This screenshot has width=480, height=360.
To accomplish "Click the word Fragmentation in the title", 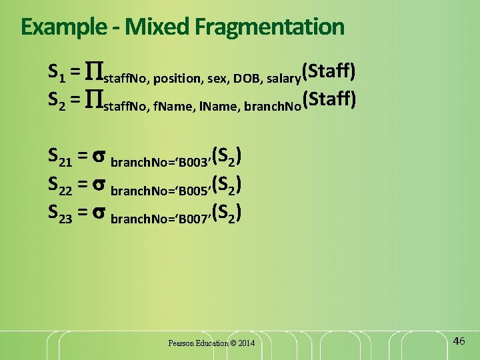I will coord(269,27).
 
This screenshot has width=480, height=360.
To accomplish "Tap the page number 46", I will coord(459,341).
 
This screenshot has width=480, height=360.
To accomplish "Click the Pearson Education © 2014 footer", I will coord(211,343).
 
